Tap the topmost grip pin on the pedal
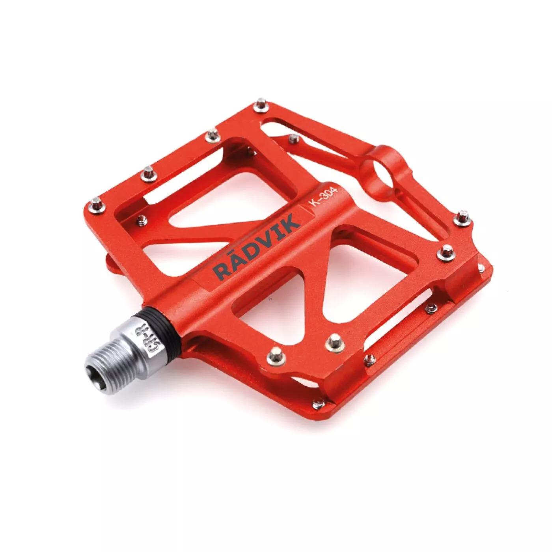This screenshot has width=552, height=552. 260,104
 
